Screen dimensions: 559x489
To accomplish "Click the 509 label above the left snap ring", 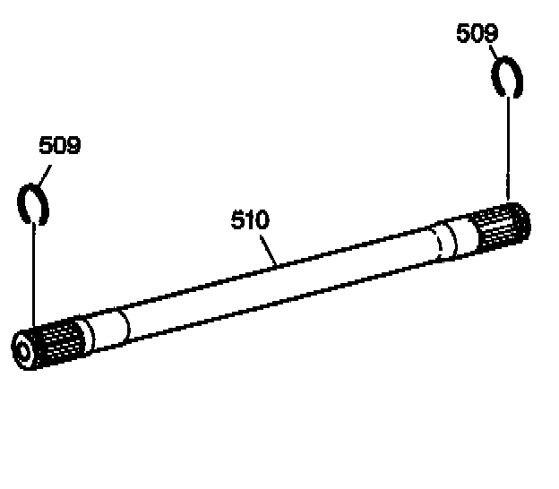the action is pyautogui.click(x=59, y=145).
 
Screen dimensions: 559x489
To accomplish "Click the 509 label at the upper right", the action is pyautogui.click(x=477, y=34).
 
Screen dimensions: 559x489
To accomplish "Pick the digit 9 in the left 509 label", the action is pyautogui.click(x=73, y=145).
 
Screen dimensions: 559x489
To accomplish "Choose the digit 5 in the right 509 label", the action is pyautogui.click(x=464, y=34).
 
